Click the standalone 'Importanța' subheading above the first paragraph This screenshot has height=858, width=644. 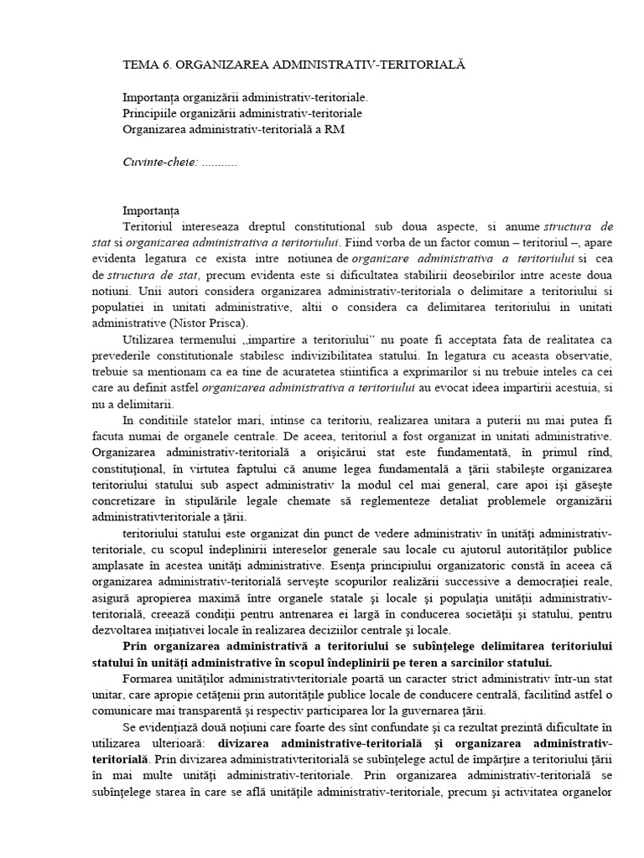click(x=151, y=210)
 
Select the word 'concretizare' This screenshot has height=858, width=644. click(x=158, y=501)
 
